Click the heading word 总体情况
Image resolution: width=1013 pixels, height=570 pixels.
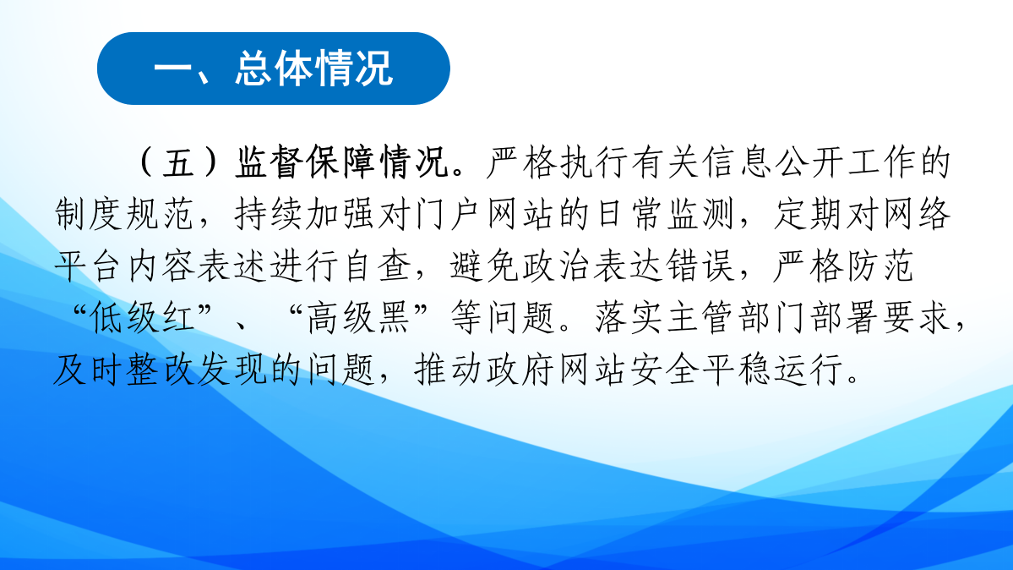click(x=314, y=68)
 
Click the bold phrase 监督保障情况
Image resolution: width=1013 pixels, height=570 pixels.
click(x=342, y=162)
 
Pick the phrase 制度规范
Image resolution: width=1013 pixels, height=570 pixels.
click(x=124, y=214)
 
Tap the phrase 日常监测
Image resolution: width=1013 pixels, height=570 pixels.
click(x=666, y=214)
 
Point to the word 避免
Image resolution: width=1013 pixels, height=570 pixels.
click(x=485, y=266)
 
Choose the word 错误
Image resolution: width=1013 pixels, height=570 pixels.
click(x=702, y=266)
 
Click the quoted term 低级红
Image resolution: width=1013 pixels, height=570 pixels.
click(x=143, y=318)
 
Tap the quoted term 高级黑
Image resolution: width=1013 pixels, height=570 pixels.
click(x=358, y=318)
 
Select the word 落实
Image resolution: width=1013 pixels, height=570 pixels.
click(x=630, y=318)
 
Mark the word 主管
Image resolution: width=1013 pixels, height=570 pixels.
click(x=701, y=318)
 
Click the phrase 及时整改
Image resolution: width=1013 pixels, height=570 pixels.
click(x=124, y=370)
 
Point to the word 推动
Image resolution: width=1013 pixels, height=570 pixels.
click(x=449, y=370)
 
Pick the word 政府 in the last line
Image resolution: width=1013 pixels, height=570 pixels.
click(x=521, y=370)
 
